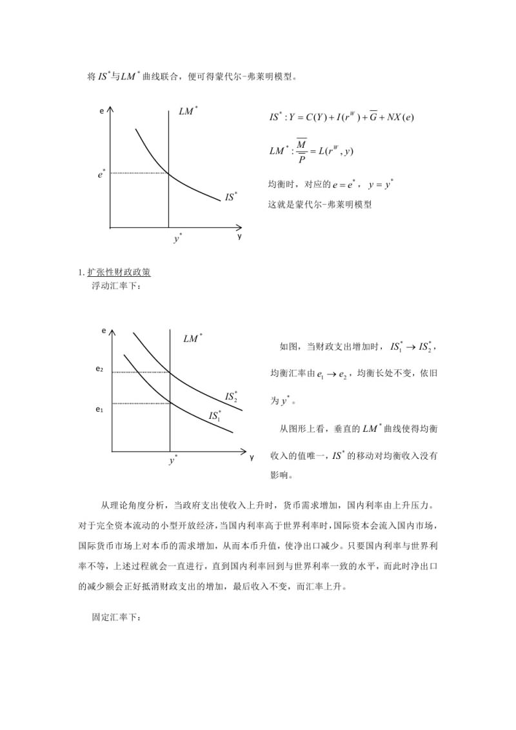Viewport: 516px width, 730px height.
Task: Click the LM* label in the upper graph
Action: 188,112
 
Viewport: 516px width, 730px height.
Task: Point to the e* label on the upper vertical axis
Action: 102,173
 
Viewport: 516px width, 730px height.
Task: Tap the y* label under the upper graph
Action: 177,239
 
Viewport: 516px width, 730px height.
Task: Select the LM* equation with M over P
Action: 312,150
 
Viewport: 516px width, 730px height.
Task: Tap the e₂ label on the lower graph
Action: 99,369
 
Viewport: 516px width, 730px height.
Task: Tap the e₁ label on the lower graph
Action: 99,409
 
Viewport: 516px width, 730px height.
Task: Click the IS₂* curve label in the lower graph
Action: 231,396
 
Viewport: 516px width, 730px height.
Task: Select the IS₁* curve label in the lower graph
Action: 215,416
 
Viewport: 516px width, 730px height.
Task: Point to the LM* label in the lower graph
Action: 193,338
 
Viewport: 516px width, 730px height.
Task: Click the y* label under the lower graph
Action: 174,461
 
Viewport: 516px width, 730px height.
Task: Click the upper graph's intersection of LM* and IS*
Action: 168,173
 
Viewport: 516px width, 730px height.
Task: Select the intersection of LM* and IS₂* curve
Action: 170,372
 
